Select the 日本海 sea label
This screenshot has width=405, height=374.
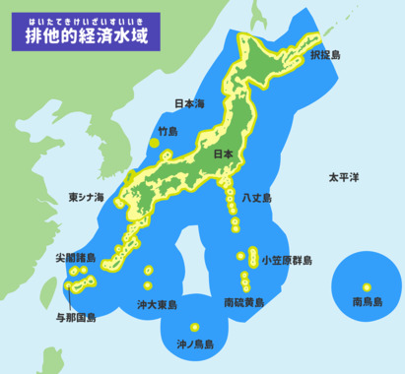click(x=188, y=103)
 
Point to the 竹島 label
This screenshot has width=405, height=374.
click(x=168, y=130)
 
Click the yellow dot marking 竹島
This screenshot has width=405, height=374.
click(x=154, y=144)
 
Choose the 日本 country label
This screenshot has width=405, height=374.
click(x=224, y=155)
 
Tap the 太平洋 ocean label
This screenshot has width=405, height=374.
click(x=344, y=177)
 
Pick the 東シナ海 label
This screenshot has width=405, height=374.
click(x=86, y=197)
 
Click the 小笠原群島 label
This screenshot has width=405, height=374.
click(x=287, y=261)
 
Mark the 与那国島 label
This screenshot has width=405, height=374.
click(x=76, y=318)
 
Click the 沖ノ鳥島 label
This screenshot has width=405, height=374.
click(x=195, y=344)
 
